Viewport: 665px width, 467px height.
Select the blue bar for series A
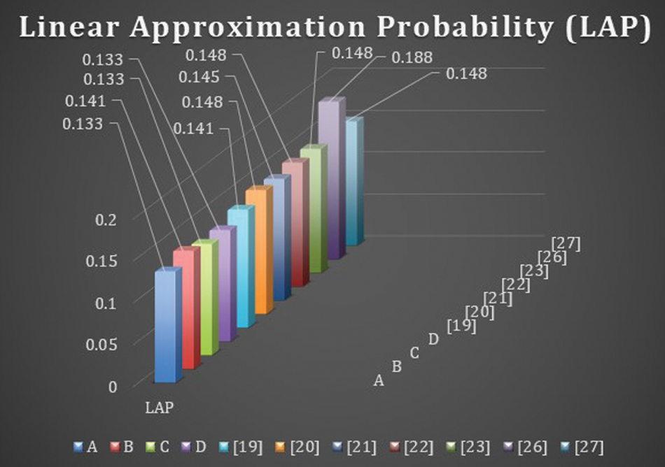click(x=168, y=325)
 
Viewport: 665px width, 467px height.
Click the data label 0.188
click(x=412, y=57)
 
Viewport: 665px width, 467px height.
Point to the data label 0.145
click(x=199, y=78)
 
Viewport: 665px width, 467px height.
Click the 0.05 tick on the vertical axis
click(x=101, y=345)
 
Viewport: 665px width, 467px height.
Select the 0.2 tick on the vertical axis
click(x=106, y=220)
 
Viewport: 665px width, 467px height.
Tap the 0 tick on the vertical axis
click(x=113, y=387)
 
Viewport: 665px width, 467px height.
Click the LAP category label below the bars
click(x=160, y=408)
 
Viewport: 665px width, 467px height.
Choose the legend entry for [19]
click(x=241, y=447)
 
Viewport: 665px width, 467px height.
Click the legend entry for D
click(x=195, y=447)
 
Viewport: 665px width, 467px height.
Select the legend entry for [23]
click(x=468, y=447)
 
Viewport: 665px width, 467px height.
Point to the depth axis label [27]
click(x=566, y=244)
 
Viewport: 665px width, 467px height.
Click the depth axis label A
click(x=379, y=380)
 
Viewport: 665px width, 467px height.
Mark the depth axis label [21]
click(x=498, y=299)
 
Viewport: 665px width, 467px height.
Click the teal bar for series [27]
click(x=355, y=181)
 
